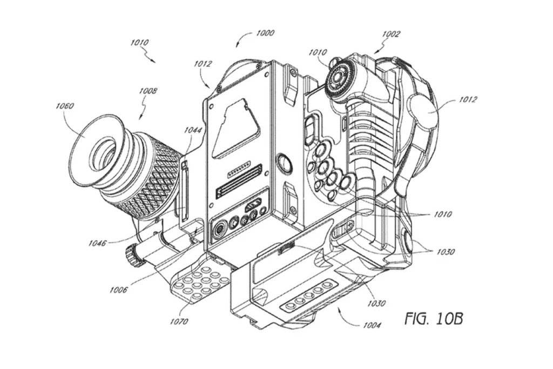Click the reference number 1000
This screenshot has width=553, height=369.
pos(265,33)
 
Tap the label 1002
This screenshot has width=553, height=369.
pos(391,34)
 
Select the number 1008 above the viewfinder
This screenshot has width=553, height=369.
pos(148,91)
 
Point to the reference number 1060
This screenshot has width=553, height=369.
pos(65,106)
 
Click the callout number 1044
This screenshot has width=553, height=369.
pos(193,130)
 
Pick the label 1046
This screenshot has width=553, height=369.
pos(97,243)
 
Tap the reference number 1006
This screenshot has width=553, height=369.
pos(118,290)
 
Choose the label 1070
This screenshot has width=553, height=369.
pos(179,321)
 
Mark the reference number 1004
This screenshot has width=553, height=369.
pos(372,325)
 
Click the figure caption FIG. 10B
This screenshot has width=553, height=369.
pos(434,319)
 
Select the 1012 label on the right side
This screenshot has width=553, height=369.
pos(468,99)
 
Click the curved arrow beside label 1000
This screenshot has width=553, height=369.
pos(244,38)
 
